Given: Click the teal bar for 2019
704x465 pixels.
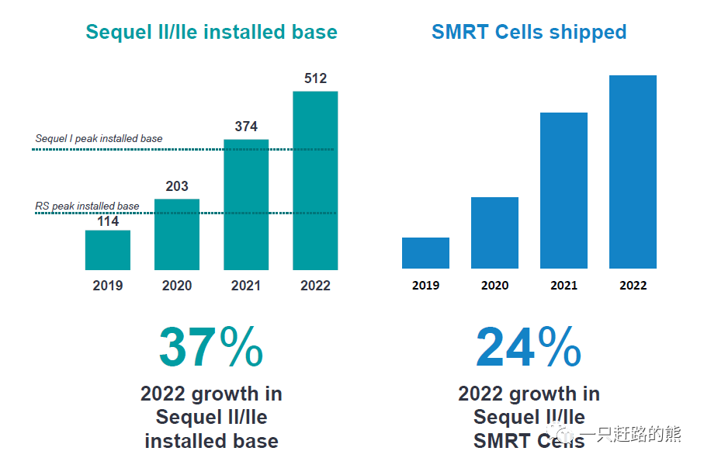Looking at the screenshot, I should [x=108, y=250].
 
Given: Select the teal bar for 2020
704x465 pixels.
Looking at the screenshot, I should [x=177, y=234].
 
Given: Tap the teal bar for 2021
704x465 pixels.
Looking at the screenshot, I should [x=246, y=205].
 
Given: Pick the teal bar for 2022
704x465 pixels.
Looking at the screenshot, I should [x=315, y=181].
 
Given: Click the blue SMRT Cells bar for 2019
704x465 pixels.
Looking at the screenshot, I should [x=425, y=253].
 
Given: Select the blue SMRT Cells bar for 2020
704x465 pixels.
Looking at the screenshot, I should [x=494, y=233].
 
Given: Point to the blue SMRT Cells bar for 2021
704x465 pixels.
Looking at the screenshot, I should [x=564, y=191].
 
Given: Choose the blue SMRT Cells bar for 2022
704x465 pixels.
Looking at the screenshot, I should [x=633, y=172].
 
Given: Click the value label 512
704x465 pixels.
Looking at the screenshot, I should [x=315, y=78].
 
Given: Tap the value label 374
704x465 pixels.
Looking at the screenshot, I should [x=246, y=127].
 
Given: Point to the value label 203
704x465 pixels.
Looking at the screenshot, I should [x=177, y=186].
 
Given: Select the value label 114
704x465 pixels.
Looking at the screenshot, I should [x=108, y=221].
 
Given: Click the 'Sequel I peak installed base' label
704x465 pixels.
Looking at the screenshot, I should [x=99, y=139].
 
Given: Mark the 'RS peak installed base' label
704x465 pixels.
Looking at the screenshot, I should [x=88, y=206].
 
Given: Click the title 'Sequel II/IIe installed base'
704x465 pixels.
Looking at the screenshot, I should [x=211, y=32].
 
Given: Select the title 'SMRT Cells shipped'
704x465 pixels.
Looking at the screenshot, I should [x=529, y=32].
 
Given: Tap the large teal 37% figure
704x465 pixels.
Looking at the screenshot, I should [x=211, y=347].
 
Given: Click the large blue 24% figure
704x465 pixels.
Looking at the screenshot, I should [x=529, y=347].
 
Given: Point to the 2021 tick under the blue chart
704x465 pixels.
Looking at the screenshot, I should [x=564, y=285].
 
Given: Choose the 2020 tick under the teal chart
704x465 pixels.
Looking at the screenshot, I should [x=177, y=285].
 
